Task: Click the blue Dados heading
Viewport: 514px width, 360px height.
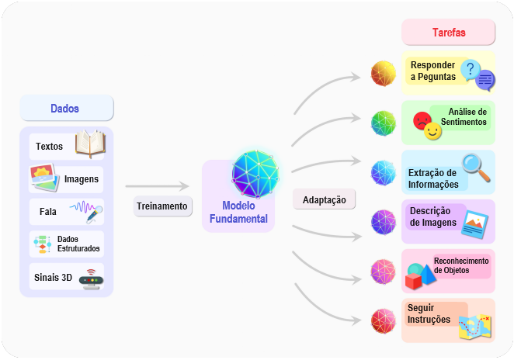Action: click(64, 109)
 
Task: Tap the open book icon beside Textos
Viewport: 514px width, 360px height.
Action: click(90, 144)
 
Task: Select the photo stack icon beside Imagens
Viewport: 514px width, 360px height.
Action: click(44, 177)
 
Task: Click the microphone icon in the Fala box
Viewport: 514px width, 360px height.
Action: click(95, 214)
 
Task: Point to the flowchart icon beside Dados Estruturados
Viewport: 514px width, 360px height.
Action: click(43, 244)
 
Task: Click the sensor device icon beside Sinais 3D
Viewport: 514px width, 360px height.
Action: click(91, 279)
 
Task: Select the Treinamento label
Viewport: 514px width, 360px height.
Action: click(162, 206)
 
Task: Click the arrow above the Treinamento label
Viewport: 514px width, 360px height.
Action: click(158, 186)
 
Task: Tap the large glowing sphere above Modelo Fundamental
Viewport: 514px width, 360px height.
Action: click(255, 174)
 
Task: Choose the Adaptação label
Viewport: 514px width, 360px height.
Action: click(325, 200)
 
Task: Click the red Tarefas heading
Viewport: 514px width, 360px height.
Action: click(449, 33)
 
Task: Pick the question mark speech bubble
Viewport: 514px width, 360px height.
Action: click(471, 70)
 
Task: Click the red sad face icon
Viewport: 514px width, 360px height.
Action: click(422, 120)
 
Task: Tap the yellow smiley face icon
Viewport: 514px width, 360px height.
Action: click(432, 131)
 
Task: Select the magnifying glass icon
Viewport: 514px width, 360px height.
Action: click(476, 168)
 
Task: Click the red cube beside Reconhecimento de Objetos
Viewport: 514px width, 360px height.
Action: click(413, 281)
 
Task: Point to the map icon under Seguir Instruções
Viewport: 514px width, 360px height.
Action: click(475, 327)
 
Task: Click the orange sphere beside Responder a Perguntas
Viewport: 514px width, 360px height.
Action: click(384, 74)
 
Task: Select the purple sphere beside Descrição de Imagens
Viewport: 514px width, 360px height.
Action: click(384, 223)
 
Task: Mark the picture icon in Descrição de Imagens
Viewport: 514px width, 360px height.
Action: click(474, 224)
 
